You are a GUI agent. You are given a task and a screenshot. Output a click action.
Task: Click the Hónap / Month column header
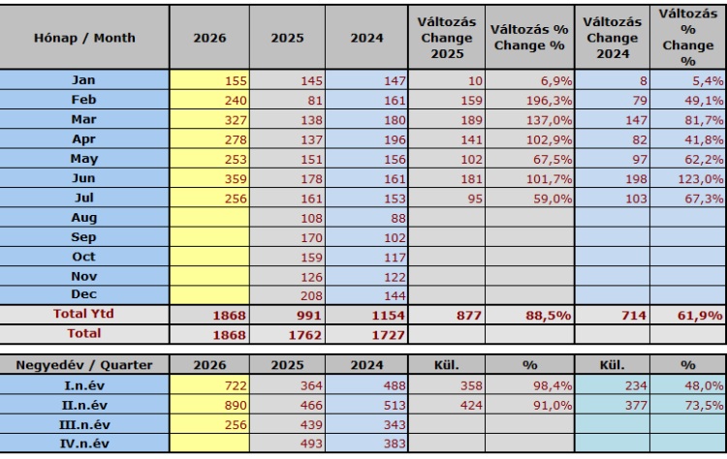(84, 38)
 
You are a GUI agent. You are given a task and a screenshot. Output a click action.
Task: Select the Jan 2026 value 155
(236, 81)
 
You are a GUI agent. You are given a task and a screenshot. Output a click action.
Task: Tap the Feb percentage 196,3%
(549, 101)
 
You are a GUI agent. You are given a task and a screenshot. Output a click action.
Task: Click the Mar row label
(84, 119)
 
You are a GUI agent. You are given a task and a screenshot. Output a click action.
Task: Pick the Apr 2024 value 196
(395, 139)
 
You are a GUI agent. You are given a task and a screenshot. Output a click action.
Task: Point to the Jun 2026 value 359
(236, 179)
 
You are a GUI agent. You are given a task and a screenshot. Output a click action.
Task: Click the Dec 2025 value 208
(311, 295)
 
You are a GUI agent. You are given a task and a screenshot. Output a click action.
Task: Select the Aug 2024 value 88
(398, 218)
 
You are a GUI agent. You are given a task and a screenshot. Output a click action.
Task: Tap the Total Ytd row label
(83, 314)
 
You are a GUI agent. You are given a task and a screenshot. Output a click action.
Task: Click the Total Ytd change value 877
(469, 316)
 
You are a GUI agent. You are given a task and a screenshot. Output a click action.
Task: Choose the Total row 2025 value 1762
(304, 335)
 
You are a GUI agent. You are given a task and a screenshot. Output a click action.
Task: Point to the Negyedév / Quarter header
(84, 365)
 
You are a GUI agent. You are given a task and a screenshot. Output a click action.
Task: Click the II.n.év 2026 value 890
(236, 406)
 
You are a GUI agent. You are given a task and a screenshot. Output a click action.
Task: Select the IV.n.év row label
(84, 444)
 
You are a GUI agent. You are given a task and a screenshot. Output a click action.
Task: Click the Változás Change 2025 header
(447, 38)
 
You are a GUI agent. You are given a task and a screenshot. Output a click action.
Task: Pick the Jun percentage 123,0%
(701, 179)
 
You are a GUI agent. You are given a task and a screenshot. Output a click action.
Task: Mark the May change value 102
(471, 160)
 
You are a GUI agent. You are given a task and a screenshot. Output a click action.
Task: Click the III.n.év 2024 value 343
(395, 425)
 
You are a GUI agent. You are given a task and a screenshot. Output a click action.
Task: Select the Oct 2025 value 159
(311, 257)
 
